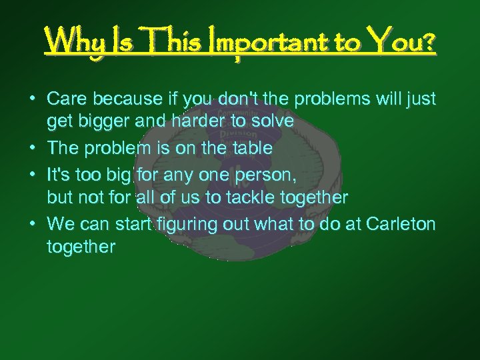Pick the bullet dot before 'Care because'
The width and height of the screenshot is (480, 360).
(x=32, y=99)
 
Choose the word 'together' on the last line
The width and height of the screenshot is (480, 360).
(x=81, y=247)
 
